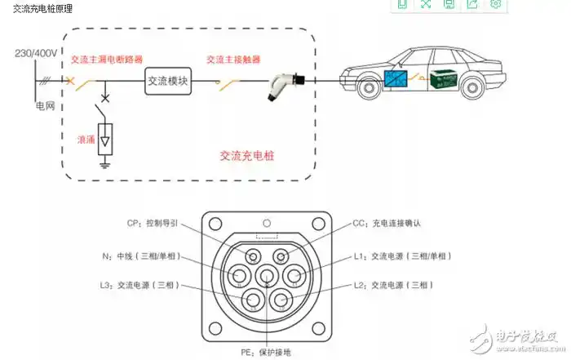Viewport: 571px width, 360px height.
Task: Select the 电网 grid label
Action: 45,106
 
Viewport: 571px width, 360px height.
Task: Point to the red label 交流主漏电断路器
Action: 106,59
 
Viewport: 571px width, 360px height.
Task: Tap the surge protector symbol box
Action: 104,140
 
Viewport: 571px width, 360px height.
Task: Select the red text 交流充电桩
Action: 247,153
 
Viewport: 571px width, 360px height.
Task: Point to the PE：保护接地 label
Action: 263,352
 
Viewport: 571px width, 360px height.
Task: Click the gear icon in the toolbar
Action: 495,4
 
